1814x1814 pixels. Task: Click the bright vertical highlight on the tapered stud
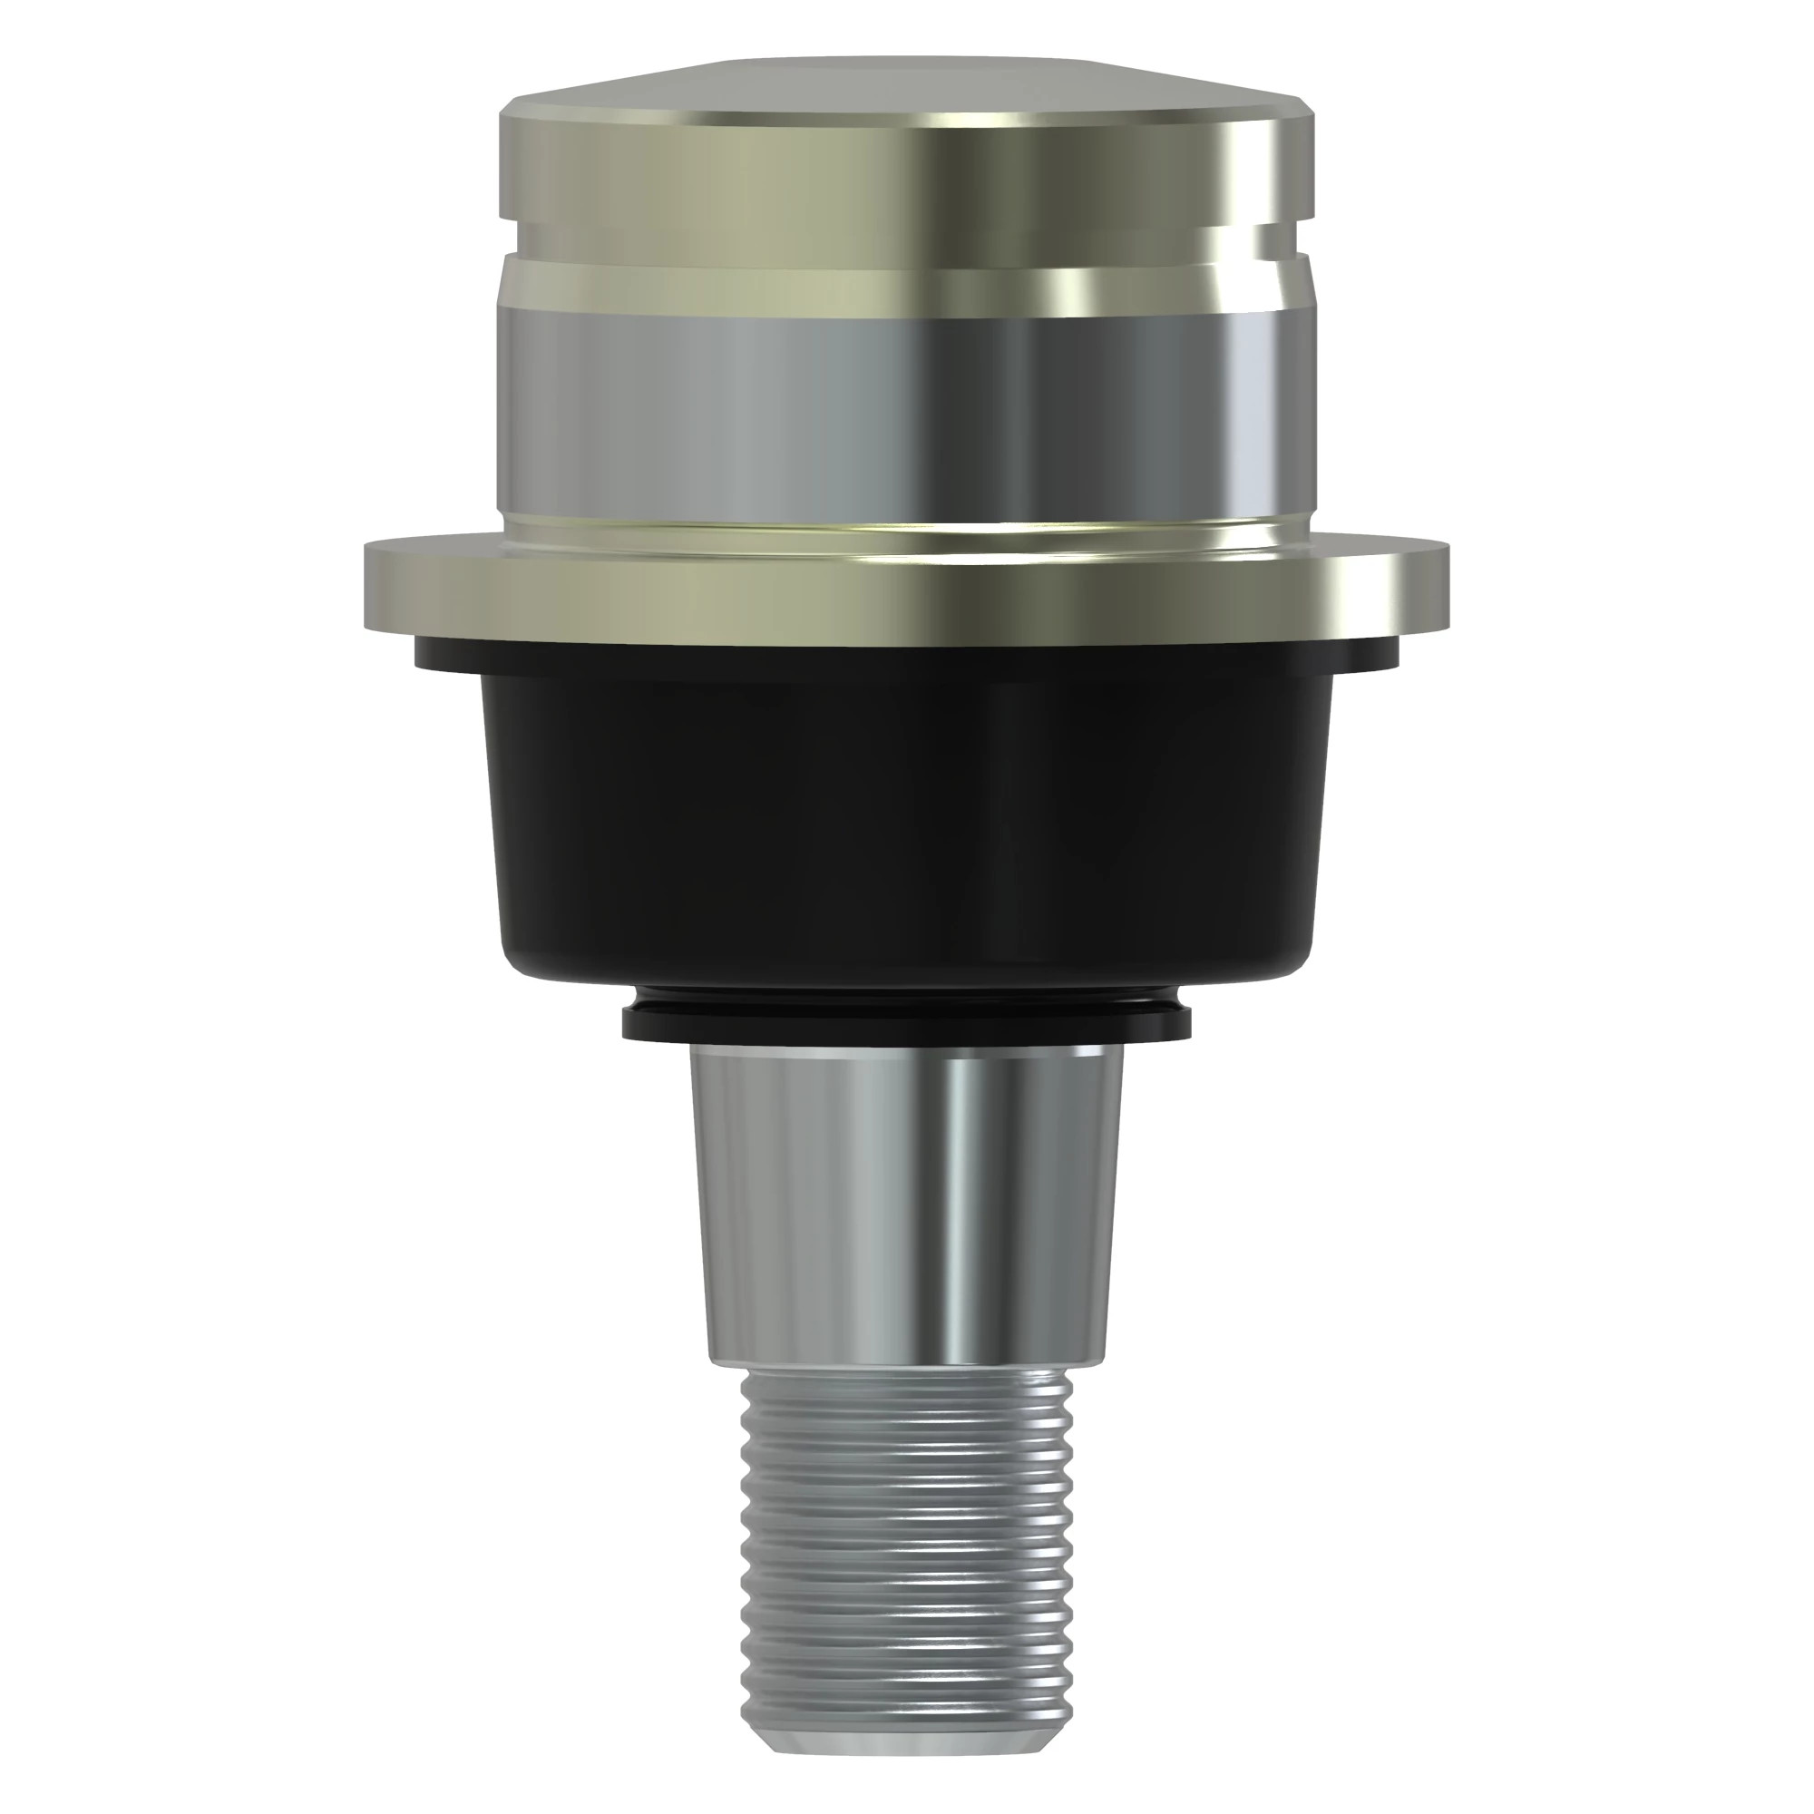click(x=967, y=1202)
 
